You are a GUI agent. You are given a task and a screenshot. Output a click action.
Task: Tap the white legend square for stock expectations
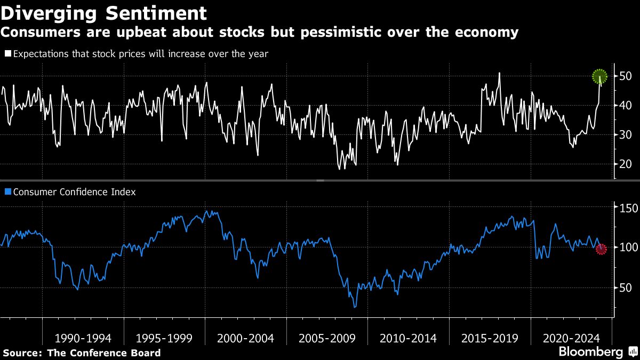7,54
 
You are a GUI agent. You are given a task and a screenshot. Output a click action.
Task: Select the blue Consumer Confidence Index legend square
7,192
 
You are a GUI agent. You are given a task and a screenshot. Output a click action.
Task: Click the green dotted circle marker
600,77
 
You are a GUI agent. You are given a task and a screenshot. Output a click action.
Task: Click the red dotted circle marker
601,249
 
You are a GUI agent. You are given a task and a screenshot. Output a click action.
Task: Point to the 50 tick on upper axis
626,77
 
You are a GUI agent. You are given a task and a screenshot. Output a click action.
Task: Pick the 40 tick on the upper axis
626,106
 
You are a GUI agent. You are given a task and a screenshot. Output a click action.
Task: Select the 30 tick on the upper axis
626,135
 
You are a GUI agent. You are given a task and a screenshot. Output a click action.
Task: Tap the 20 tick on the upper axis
626,164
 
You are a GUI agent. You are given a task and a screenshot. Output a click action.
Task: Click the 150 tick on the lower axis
627,207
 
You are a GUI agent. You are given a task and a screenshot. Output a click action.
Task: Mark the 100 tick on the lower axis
627,247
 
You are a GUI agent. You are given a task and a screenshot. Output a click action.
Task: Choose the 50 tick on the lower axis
626,288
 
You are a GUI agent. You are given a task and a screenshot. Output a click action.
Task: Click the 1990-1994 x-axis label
83,338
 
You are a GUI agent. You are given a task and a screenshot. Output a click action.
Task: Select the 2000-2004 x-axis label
245,338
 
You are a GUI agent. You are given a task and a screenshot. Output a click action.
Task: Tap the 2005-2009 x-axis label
327,338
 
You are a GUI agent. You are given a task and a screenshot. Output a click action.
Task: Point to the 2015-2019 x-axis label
490,338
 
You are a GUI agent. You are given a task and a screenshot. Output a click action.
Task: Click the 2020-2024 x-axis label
571,338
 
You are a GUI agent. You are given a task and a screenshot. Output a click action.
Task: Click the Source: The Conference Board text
82,353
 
